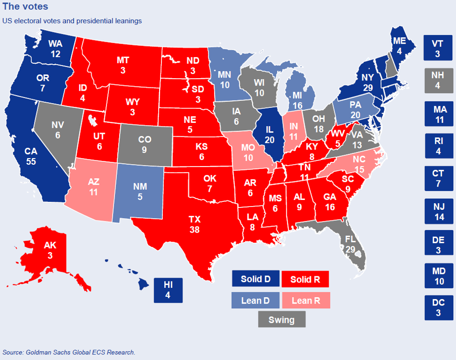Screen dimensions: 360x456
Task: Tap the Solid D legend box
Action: pyautogui.click(x=255, y=279)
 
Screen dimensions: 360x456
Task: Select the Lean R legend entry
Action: pyautogui.click(x=306, y=300)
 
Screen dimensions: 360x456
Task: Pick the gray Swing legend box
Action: pyautogui.click(x=282, y=320)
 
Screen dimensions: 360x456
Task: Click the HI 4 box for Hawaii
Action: pyautogui.click(x=168, y=290)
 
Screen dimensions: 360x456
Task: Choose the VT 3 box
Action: pyautogui.click(x=437, y=48)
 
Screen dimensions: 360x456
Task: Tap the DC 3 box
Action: pyautogui.click(x=438, y=307)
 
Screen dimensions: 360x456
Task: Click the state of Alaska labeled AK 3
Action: pyautogui.click(x=50, y=250)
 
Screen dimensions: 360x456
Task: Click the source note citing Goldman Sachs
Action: pyautogui.click(x=69, y=352)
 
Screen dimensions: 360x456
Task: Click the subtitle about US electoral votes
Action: pyautogui.click(x=72, y=21)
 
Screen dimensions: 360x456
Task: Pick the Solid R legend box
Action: pyautogui.click(x=305, y=279)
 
